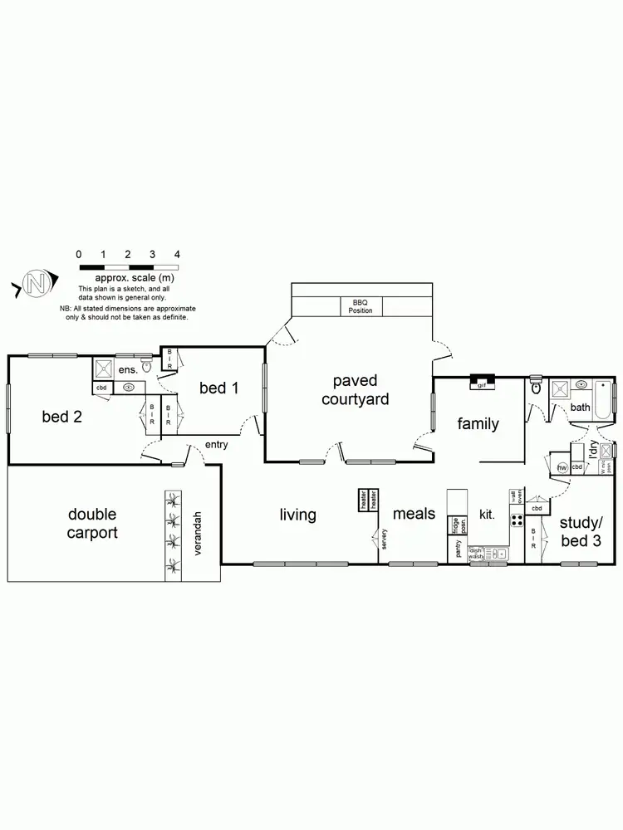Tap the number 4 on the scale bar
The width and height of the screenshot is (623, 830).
[x=177, y=254]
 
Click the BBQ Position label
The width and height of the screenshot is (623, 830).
[x=361, y=307]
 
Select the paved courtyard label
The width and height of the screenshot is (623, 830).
[x=355, y=390]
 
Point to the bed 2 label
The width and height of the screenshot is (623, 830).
[x=62, y=417]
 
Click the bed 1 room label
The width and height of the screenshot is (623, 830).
[x=218, y=388]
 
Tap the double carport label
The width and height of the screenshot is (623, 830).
[x=92, y=524]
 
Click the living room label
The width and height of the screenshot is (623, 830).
[x=297, y=515]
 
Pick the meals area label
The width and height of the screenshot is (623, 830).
[x=414, y=514]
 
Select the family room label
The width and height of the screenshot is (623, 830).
[x=478, y=424]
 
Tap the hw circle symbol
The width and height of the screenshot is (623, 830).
[x=562, y=468]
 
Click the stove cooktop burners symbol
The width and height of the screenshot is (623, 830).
[x=515, y=521]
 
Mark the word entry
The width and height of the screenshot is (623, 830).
[x=217, y=445]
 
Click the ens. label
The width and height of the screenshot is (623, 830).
[x=127, y=370]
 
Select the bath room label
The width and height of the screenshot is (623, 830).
[x=580, y=408]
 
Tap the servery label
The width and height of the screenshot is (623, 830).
[x=385, y=539]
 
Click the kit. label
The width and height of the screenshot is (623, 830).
[x=488, y=515]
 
